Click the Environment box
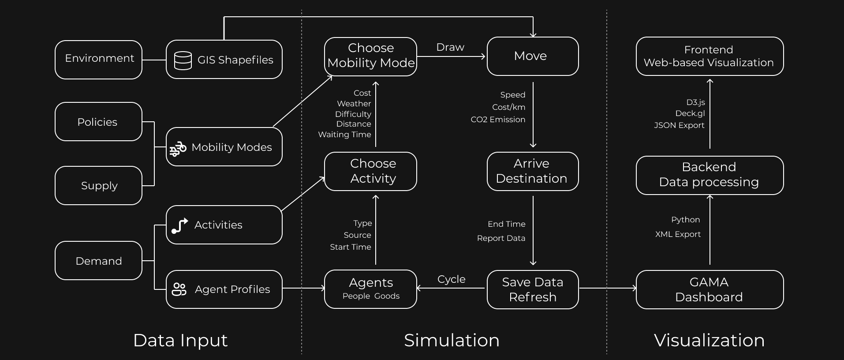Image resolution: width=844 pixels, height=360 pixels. (98, 60)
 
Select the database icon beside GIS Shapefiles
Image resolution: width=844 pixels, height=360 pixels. (183, 60)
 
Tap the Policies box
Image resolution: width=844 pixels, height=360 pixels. (98, 122)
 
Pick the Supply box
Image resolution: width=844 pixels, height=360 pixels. (98, 185)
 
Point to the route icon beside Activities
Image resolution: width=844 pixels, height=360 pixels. (179, 225)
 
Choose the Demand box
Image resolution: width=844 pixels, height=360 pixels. (98, 261)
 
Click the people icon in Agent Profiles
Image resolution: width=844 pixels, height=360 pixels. (179, 289)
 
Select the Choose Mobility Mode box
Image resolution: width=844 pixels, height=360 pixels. (370, 56)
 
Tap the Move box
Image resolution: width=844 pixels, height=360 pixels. (532, 56)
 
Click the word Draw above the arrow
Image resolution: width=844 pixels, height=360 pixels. (450, 47)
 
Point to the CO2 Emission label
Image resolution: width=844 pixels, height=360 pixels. (498, 120)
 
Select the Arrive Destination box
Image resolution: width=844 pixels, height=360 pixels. (532, 171)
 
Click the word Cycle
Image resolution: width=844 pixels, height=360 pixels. (451, 279)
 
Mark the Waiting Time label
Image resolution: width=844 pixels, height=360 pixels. (344, 135)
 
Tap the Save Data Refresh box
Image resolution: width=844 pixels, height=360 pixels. (532, 289)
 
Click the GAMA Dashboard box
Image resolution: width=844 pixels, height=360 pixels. (709, 289)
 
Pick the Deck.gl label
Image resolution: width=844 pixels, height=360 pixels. (690, 113)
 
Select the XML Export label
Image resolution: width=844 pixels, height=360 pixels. (678, 234)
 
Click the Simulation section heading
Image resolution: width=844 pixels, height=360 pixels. (452, 340)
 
